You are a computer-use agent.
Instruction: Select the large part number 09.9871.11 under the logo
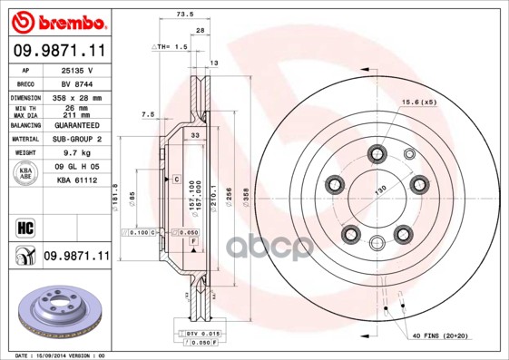pyautogui.click(x=57, y=52)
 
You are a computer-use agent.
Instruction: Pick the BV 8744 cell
pyautogui.click(x=77, y=82)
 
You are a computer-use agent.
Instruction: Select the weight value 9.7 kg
pyautogui.click(x=77, y=153)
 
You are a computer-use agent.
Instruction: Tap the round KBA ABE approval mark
pyautogui.click(x=24, y=174)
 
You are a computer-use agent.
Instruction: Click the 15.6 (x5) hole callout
pyautogui.click(x=419, y=102)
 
